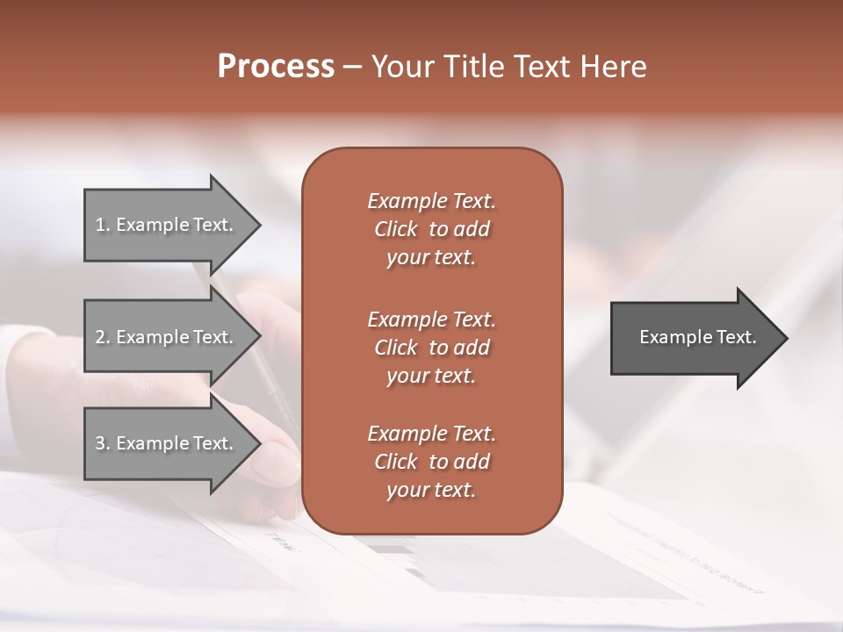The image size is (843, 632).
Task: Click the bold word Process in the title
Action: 276,66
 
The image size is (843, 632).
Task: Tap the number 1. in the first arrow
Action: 102,225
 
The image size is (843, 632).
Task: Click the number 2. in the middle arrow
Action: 102,337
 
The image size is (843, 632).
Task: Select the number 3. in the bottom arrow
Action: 102,443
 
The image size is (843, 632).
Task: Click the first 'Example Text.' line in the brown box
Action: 431,201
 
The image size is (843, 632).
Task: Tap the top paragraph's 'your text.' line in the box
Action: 431,258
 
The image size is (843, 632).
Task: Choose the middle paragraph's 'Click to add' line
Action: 431,348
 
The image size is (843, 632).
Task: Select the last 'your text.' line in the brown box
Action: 431,491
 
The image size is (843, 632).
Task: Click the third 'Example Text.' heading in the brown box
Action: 431,434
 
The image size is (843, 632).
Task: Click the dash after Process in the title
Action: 352,67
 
